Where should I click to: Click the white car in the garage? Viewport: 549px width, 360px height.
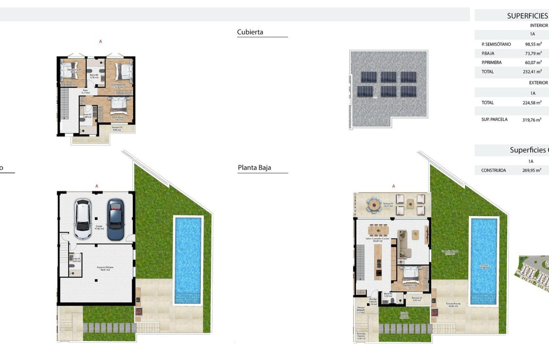(82, 219)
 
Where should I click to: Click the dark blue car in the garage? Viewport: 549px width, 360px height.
(116, 219)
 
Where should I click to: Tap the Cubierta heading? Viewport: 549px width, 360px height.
(250, 32)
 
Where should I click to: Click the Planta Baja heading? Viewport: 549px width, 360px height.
(254, 168)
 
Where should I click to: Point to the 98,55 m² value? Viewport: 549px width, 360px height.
(533, 44)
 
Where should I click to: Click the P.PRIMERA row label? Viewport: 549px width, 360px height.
(491, 63)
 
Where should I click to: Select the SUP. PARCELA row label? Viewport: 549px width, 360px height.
(494, 119)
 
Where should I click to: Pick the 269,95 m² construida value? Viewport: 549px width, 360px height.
(532, 170)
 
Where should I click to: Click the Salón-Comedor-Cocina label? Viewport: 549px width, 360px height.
(377, 240)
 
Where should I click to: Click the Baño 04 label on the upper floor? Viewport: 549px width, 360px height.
(94, 76)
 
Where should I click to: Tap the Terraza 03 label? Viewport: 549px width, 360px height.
(114, 128)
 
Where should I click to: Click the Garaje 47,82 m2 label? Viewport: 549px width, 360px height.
(99, 227)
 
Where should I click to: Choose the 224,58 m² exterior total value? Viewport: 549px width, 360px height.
(533, 102)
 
